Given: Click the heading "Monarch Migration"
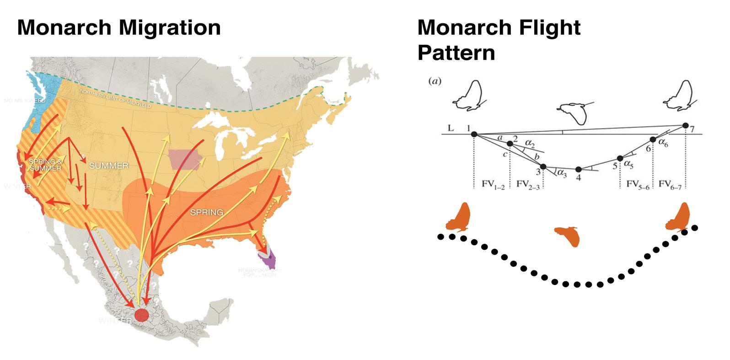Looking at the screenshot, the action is click(x=119, y=27).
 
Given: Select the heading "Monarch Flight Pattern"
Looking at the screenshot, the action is click(x=499, y=40).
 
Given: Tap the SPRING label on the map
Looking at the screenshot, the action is click(x=207, y=212).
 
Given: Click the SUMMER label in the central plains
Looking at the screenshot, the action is click(x=109, y=165).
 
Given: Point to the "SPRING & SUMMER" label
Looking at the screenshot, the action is click(x=45, y=165).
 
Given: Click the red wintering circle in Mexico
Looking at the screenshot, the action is click(x=141, y=314).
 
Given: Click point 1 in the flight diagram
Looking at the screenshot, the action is click(x=474, y=134).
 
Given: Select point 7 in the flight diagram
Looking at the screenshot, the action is click(x=685, y=125).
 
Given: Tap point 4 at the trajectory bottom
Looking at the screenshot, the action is click(x=579, y=169).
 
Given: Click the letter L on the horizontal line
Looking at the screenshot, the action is click(x=451, y=129).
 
